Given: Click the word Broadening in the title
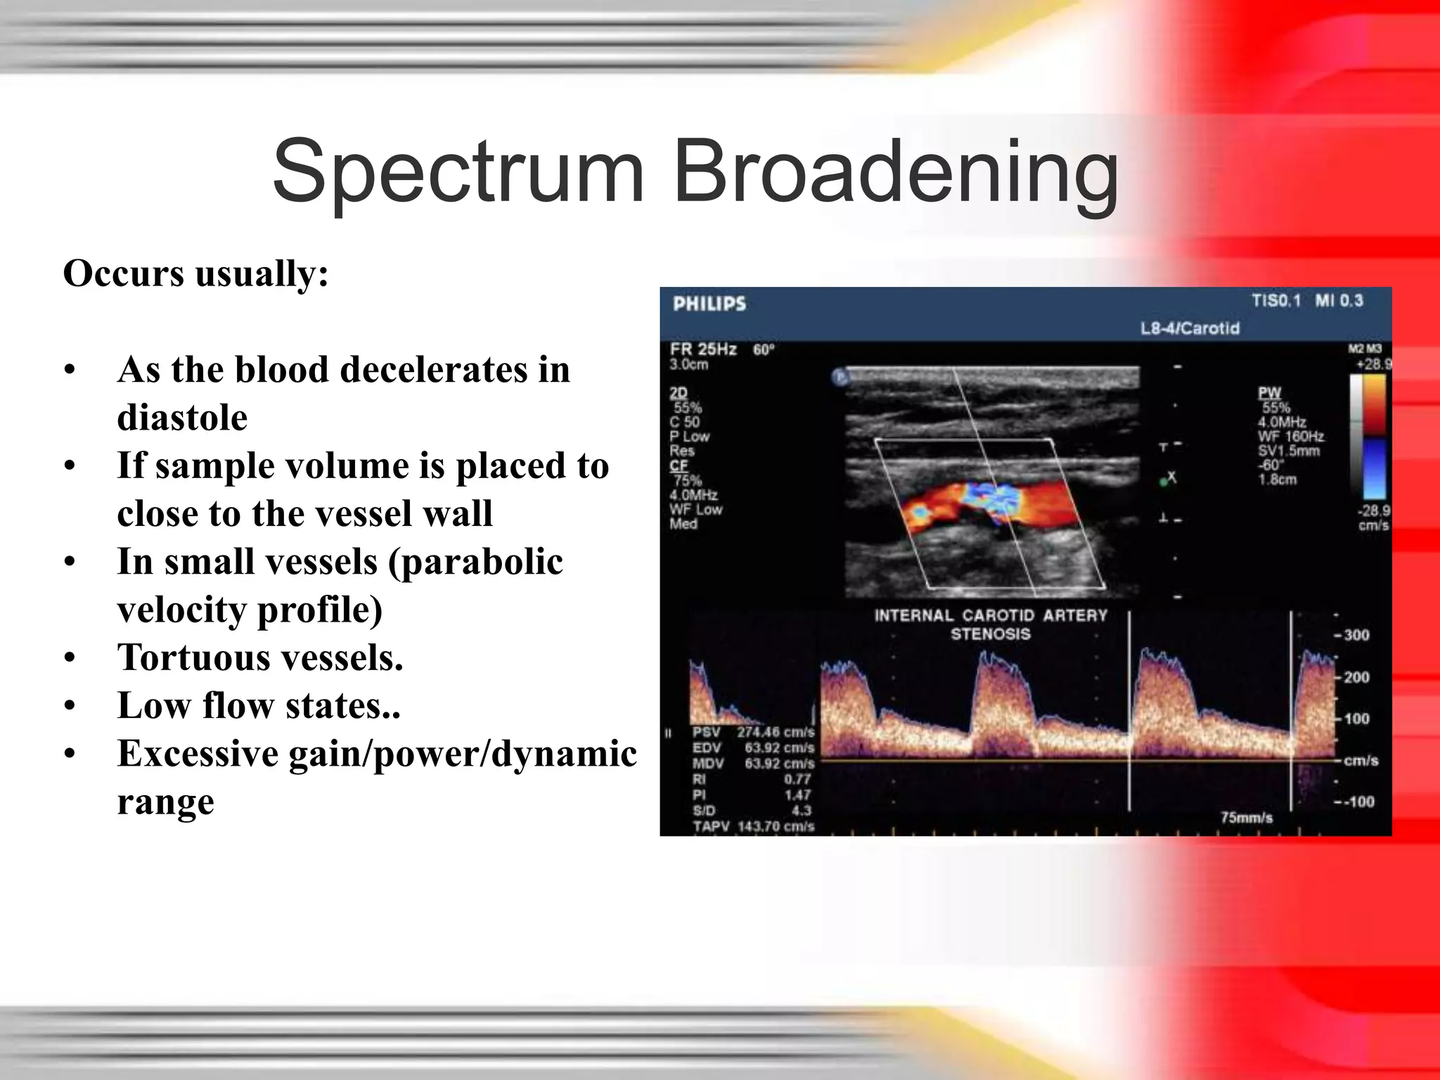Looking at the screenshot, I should pos(895,172).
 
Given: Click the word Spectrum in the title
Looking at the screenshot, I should pos(458,172).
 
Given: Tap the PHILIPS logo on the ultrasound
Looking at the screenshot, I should pos(709,304).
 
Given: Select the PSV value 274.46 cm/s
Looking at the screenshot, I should pos(775,732).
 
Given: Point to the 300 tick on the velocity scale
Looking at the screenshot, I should pos(1356,635).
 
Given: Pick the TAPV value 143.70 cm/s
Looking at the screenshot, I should pos(775,826).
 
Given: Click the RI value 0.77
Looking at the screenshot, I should pos(797,779).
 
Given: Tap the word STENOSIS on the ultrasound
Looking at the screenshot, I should pos(990,634).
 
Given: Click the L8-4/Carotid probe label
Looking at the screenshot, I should pos(1190,328).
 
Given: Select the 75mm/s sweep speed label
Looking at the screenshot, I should pos(1246,817).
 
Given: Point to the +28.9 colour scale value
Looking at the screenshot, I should pos(1372,364).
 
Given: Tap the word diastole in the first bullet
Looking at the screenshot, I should pos(182,417).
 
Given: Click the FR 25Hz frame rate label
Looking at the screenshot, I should pos(702,349).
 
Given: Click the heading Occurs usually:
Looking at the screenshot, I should pos(195,274).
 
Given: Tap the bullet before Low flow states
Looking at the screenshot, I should pos(69,706).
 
